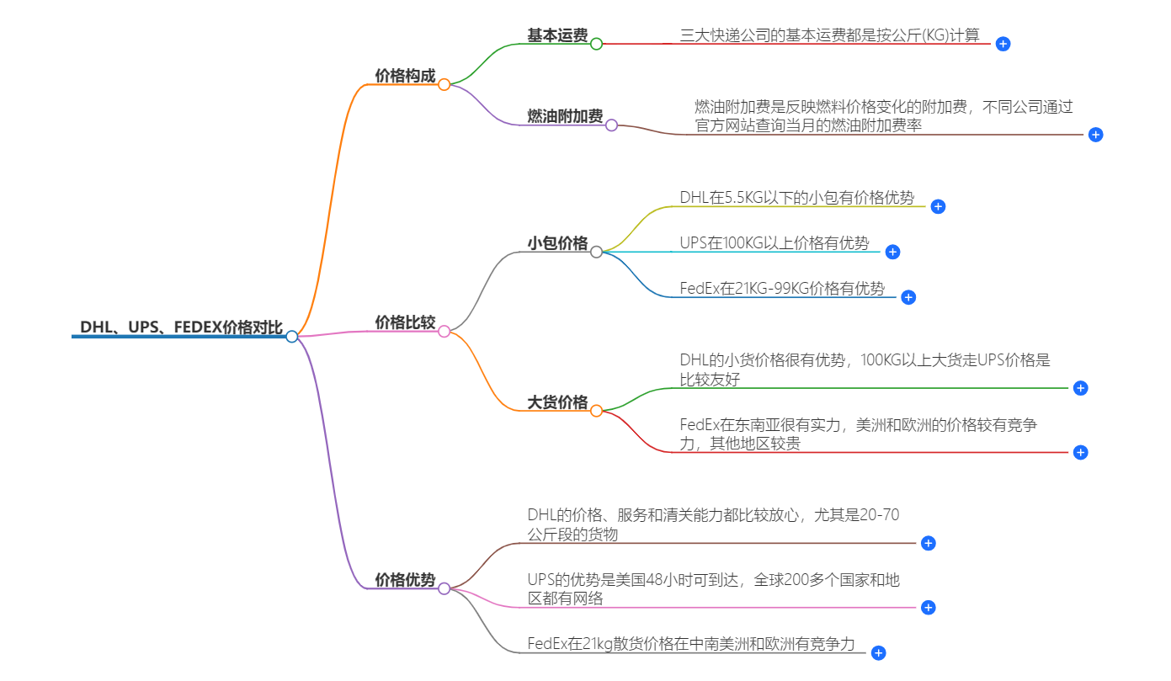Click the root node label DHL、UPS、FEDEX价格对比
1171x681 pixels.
pos(181,327)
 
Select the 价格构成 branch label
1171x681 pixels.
pos(405,77)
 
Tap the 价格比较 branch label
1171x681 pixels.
pos(405,322)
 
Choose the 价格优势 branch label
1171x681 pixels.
pos(405,580)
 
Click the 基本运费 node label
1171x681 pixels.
pos(557,35)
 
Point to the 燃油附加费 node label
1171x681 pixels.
pos(565,116)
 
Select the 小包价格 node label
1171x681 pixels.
pos(557,243)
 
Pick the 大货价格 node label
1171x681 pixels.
pos(557,402)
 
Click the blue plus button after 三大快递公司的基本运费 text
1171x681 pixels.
pos(1003,44)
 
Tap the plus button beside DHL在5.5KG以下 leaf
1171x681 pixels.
pos(938,206)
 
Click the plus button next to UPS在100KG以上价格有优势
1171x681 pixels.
pos(893,252)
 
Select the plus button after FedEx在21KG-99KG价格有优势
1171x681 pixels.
pos(908,297)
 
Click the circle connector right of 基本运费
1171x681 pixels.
pos(596,44)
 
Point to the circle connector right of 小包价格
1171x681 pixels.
pos(596,252)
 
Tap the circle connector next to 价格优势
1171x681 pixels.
pos(444,588)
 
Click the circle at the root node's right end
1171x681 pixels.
pos(291,337)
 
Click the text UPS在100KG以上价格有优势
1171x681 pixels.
pos(774,243)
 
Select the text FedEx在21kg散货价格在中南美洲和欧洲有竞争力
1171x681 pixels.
pos(691,644)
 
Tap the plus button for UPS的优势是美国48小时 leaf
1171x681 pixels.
pos(928,607)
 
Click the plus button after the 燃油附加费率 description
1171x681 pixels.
pos(1095,135)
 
